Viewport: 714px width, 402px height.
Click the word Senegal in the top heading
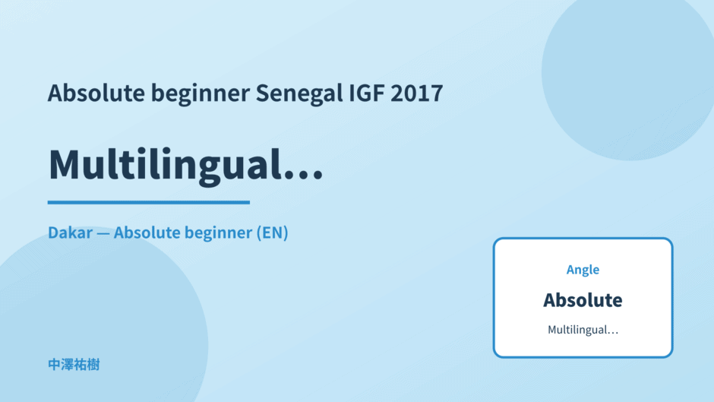[x=299, y=93]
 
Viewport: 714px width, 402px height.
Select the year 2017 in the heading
[x=417, y=93]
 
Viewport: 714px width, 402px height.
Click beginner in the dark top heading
[x=201, y=93]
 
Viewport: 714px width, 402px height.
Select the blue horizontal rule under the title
[x=148, y=202]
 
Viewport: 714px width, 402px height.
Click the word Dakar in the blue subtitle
[x=70, y=233]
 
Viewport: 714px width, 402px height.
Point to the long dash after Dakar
[x=103, y=233]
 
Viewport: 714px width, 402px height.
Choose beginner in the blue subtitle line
[x=218, y=233]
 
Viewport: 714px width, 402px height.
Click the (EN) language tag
[x=272, y=233]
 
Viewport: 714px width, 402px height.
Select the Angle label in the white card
[x=583, y=270]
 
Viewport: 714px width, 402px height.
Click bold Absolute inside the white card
[x=583, y=300]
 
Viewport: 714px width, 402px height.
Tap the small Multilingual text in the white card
[x=583, y=330]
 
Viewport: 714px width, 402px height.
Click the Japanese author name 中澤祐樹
[x=74, y=365]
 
